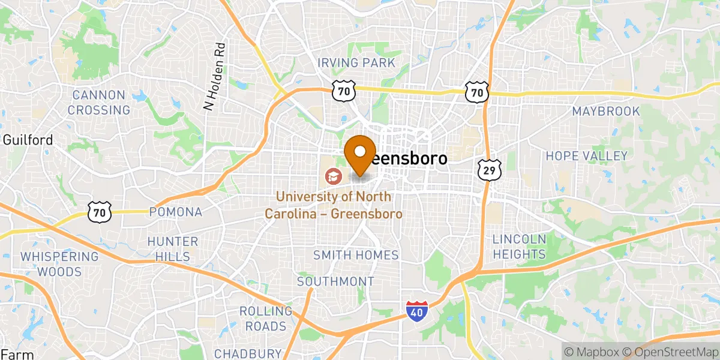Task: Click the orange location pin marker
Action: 361,153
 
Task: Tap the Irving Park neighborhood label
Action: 356,63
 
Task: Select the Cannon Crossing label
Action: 99,103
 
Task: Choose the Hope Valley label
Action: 586,156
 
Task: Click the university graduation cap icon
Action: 331,176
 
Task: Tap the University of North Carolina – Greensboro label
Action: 334,205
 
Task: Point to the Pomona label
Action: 175,212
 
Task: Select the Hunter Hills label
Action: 173,249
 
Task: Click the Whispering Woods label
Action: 59,264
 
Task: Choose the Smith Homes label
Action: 356,255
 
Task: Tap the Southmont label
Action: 335,281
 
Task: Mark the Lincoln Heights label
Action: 520,247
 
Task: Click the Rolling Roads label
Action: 266,319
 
